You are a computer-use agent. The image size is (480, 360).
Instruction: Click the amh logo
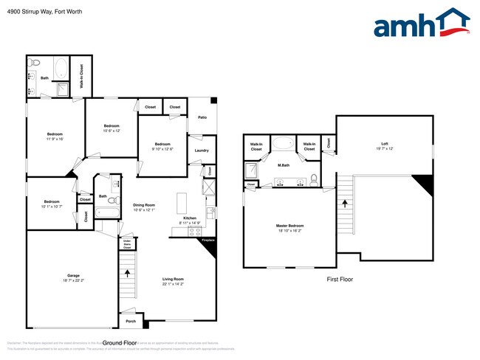tap(422, 24)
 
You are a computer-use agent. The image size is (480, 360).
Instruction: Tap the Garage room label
tap(72, 277)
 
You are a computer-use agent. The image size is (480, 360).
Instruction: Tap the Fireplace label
tap(208, 240)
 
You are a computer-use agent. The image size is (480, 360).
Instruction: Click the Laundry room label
tap(201, 151)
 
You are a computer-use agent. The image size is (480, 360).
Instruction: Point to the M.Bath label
tap(283, 165)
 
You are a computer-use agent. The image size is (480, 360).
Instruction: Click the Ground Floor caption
tap(120, 343)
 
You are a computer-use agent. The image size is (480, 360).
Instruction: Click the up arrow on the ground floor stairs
tap(128, 272)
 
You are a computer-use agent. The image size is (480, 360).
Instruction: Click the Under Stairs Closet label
tap(126, 243)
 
